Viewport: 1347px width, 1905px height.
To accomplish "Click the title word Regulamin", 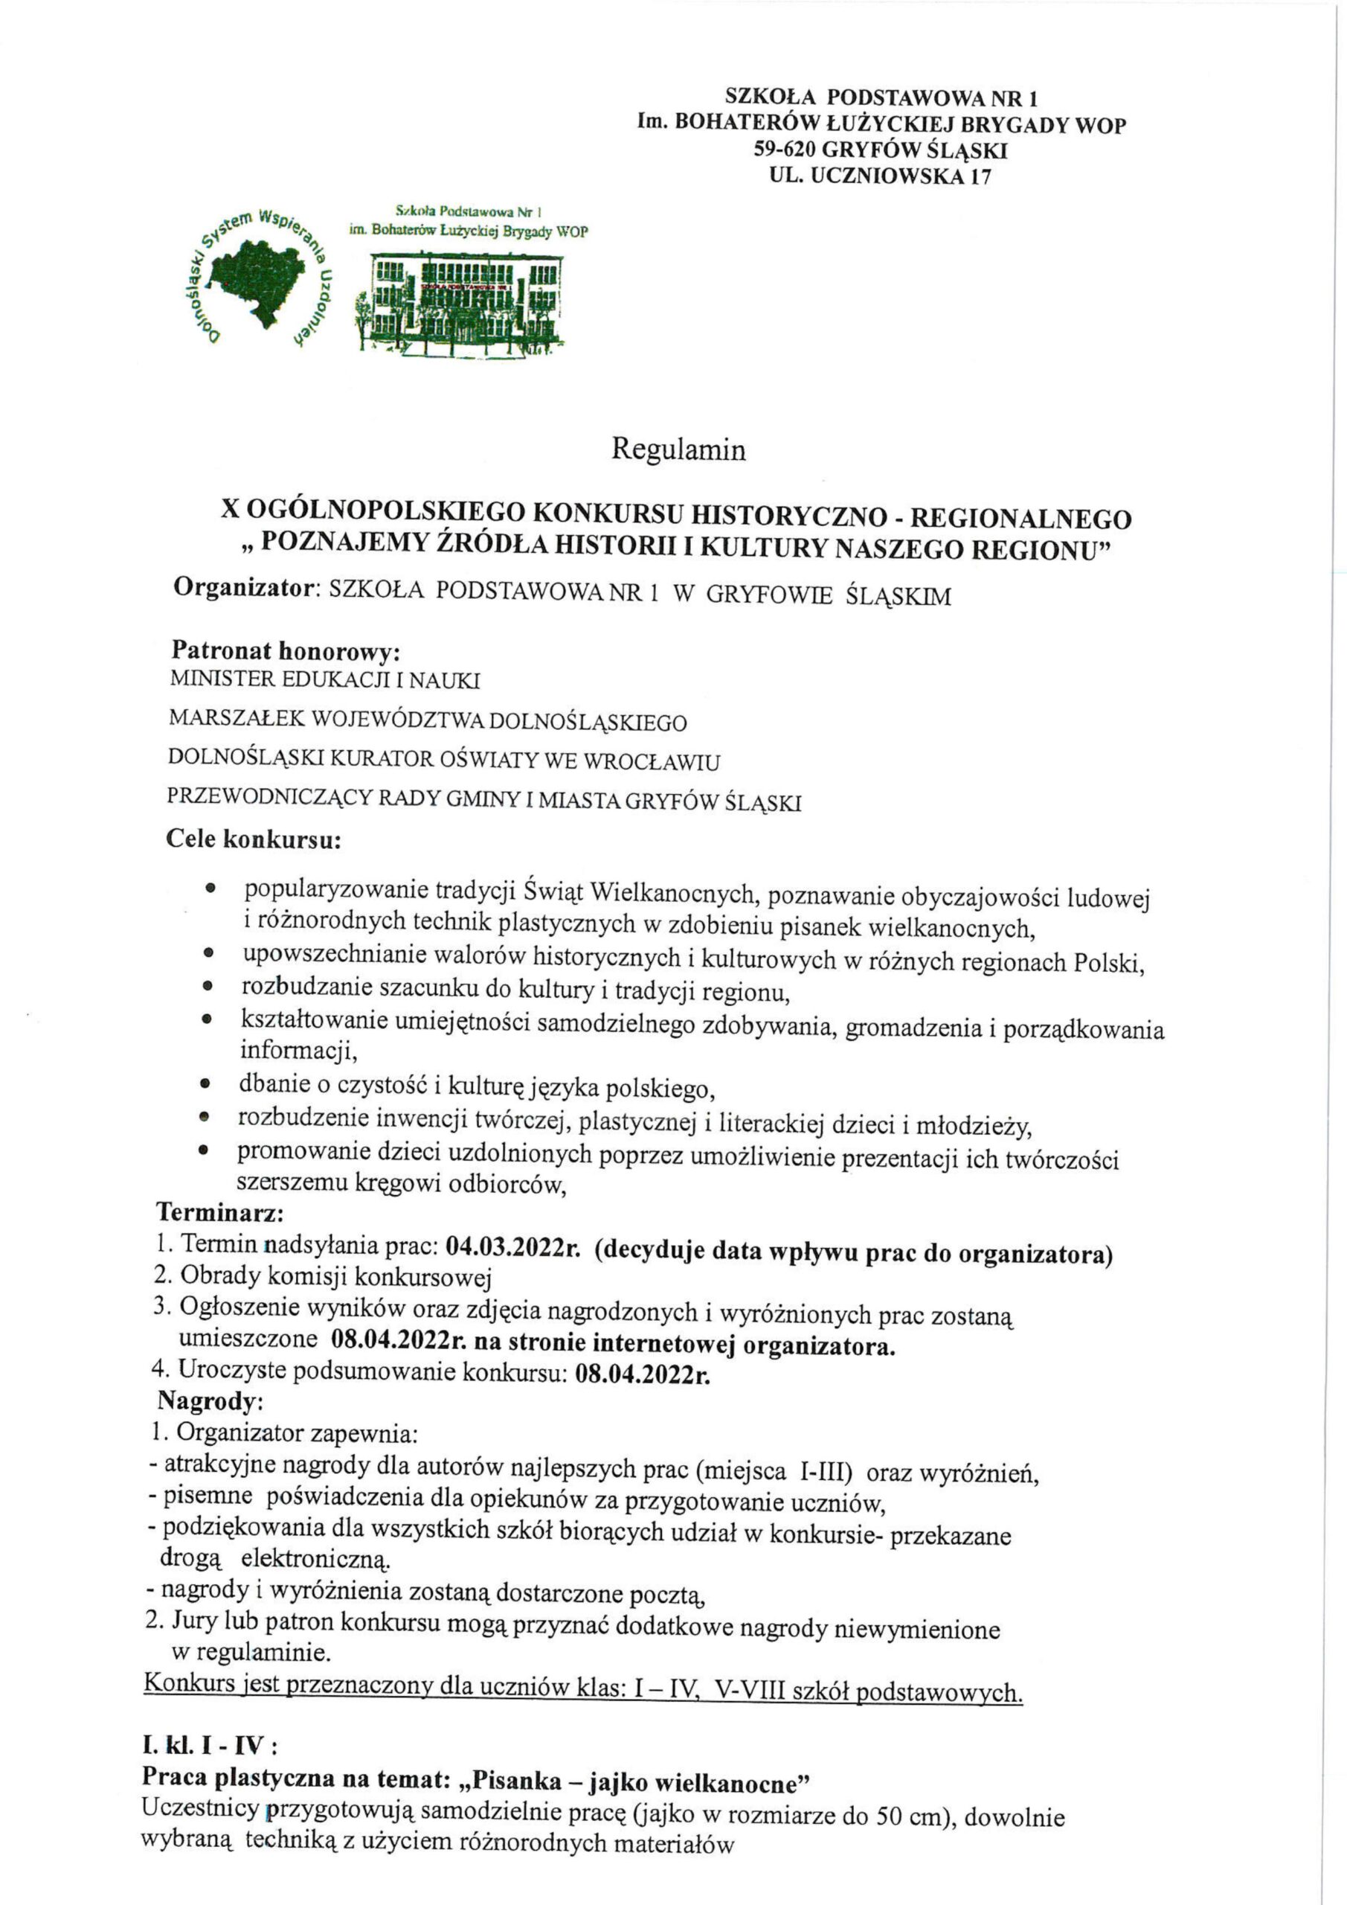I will [x=678, y=449].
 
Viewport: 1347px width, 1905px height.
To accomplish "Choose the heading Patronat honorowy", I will [x=286, y=649].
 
